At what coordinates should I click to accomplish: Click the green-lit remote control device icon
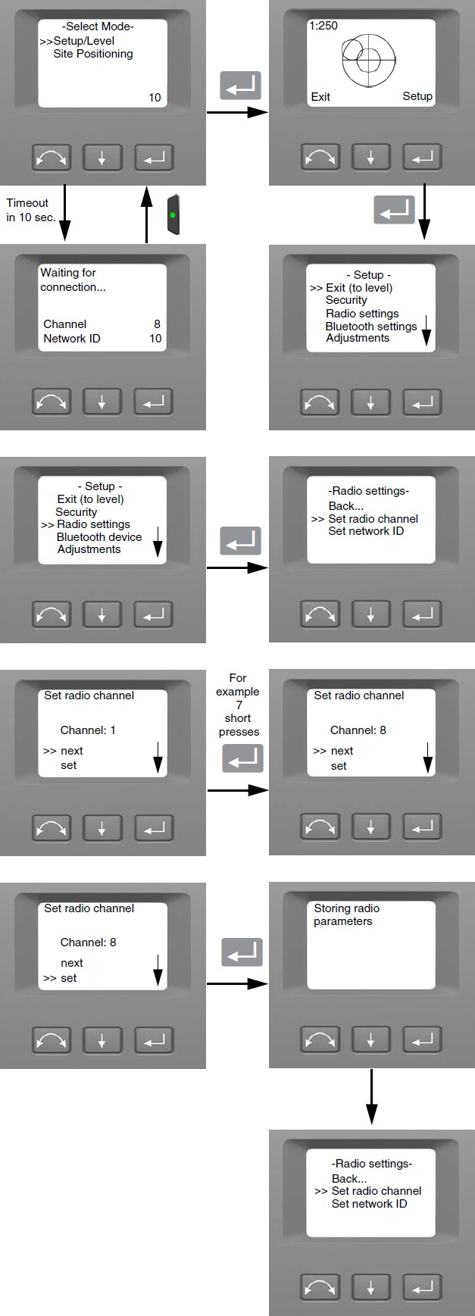click(173, 214)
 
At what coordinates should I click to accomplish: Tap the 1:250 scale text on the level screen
click(323, 26)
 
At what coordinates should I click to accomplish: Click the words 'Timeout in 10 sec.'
click(30, 210)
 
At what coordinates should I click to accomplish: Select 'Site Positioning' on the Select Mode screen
click(93, 54)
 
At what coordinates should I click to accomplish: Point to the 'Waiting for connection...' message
click(73, 280)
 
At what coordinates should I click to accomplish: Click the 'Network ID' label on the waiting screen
click(71, 339)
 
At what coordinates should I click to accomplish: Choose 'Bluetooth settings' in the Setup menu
click(371, 327)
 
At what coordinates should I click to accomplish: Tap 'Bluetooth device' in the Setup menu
click(99, 537)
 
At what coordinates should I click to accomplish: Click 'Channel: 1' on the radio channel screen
click(88, 730)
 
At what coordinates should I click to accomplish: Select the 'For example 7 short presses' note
click(239, 705)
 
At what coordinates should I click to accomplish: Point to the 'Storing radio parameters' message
click(347, 914)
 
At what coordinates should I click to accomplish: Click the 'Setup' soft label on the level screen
click(417, 96)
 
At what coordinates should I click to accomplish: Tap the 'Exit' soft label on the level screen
click(320, 97)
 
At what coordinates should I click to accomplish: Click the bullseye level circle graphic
click(368, 59)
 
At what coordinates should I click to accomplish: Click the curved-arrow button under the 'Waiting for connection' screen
click(52, 402)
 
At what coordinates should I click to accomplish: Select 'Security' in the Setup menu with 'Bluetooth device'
click(76, 512)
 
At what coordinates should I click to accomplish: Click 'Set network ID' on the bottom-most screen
click(369, 1204)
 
